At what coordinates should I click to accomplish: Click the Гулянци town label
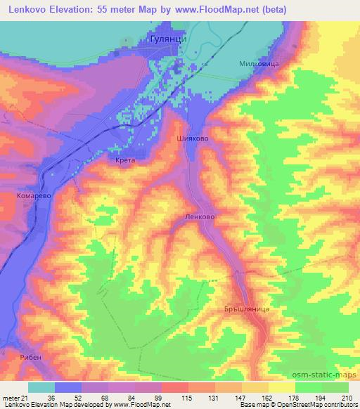coord(169,40)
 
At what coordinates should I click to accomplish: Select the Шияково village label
coord(193,138)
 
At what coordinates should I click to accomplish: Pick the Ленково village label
coord(199,217)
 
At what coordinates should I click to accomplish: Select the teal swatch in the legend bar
coord(41,387)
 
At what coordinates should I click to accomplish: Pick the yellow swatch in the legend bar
coord(282,387)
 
